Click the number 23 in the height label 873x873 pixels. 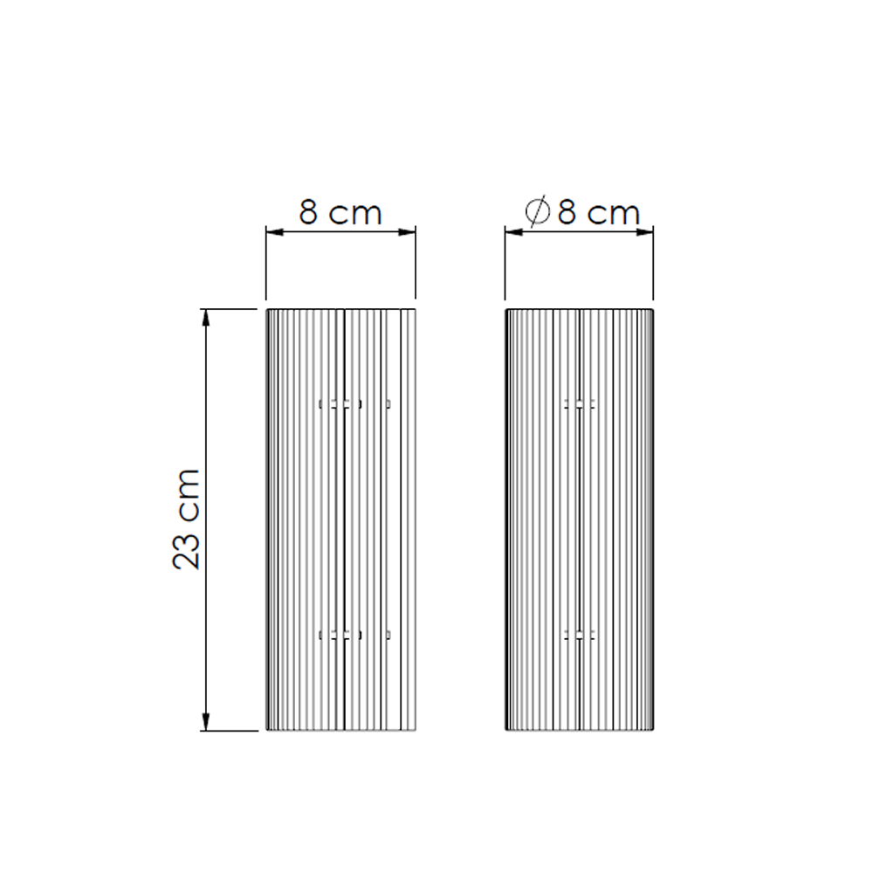(186, 550)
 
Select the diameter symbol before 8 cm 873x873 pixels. (537, 211)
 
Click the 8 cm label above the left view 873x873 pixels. (340, 213)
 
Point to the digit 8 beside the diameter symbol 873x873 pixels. (567, 213)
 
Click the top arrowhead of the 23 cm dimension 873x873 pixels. (206, 318)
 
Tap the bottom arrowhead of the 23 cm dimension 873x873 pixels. (206, 721)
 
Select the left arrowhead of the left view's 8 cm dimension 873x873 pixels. (275, 231)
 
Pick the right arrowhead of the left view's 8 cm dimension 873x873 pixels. (407, 231)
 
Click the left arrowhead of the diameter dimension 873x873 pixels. (514, 231)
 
